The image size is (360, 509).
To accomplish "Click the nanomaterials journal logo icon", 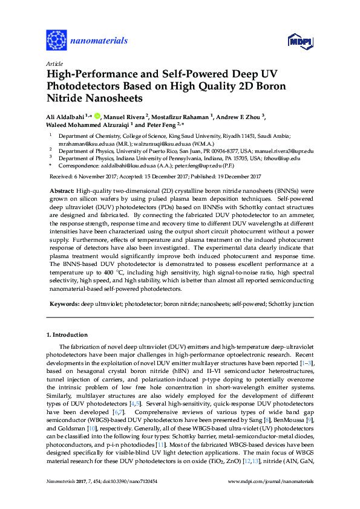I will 57,41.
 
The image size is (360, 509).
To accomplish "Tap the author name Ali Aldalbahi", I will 66,116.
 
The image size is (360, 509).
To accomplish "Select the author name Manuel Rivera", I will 125,116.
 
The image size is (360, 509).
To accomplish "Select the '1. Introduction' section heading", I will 67,334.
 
